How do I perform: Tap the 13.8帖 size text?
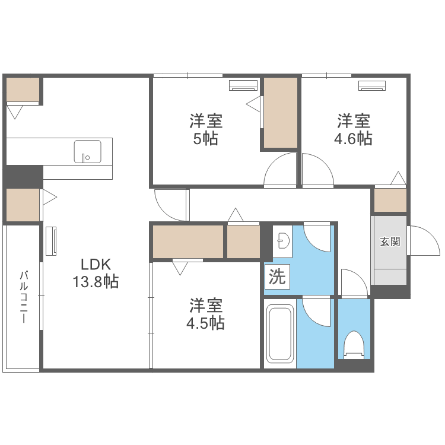click(x=96, y=282)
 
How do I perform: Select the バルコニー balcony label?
click(x=24, y=297)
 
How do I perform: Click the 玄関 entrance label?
click(x=390, y=241)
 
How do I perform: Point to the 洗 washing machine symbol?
click(x=277, y=278)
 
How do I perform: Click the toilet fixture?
click(x=354, y=345)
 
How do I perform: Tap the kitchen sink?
click(x=87, y=152)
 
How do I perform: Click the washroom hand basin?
click(x=284, y=241)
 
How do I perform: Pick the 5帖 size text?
click(x=206, y=139)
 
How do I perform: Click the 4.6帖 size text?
click(x=354, y=139)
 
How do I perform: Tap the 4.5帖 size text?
click(x=206, y=323)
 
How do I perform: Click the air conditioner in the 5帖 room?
click(x=243, y=85)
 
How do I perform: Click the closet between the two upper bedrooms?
click(x=280, y=113)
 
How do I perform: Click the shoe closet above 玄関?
click(x=390, y=200)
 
